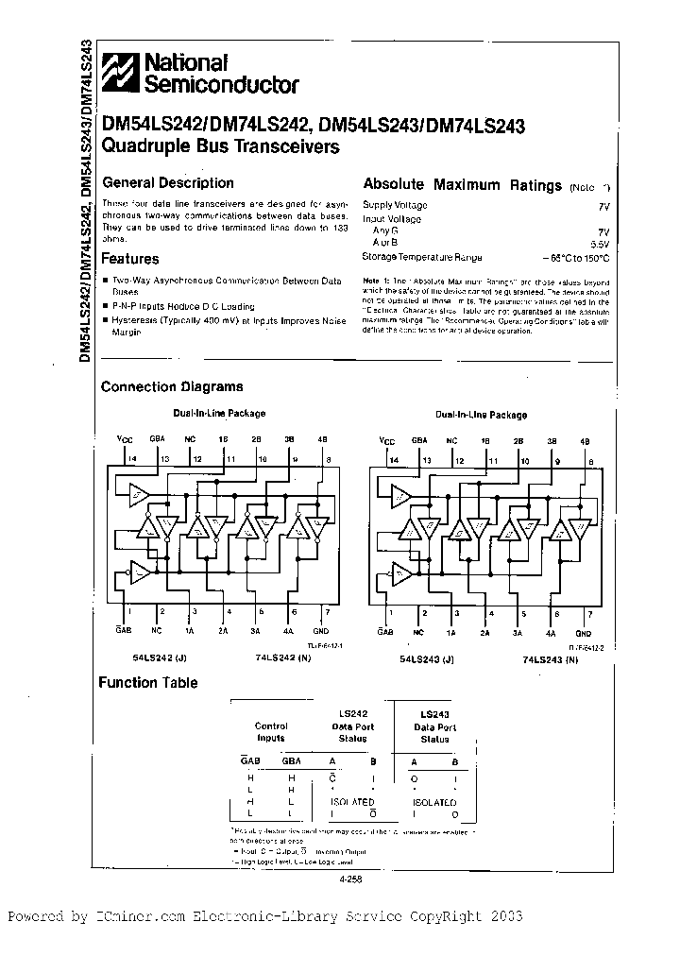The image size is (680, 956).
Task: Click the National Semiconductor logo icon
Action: click(x=120, y=72)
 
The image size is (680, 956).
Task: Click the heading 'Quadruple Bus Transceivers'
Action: click(x=219, y=146)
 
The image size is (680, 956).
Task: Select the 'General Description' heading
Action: click(x=167, y=182)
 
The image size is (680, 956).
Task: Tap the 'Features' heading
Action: click(x=130, y=258)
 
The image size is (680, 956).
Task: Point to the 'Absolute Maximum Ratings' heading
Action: click(x=463, y=185)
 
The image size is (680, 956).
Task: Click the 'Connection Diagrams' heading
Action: click(x=172, y=385)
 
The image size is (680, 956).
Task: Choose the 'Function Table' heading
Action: click(x=149, y=682)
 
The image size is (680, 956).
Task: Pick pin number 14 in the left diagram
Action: click(x=133, y=458)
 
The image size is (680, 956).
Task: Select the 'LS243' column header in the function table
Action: click(x=435, y=714)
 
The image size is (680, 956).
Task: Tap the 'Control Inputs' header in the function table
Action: click(x=271, y=732)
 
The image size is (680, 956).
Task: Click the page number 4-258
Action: click(x=348, y=879)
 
